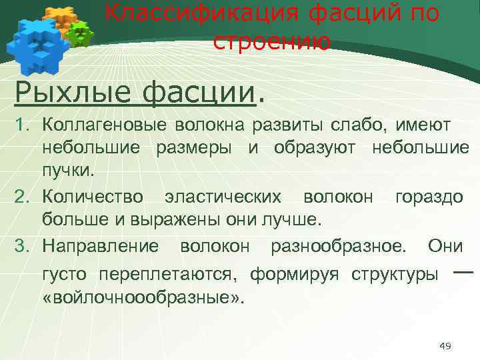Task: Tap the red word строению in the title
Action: tap(271, 41)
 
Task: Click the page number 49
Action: tap(446, 345)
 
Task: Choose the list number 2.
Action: tap(22, 197)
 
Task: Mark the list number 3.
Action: tap(22, 246)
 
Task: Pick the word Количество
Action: tap(92, 197)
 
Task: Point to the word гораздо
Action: tap(429, 197)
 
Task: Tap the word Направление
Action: tap(100, 246)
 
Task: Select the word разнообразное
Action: tap(337, 246)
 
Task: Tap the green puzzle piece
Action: tap(81, 33)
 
